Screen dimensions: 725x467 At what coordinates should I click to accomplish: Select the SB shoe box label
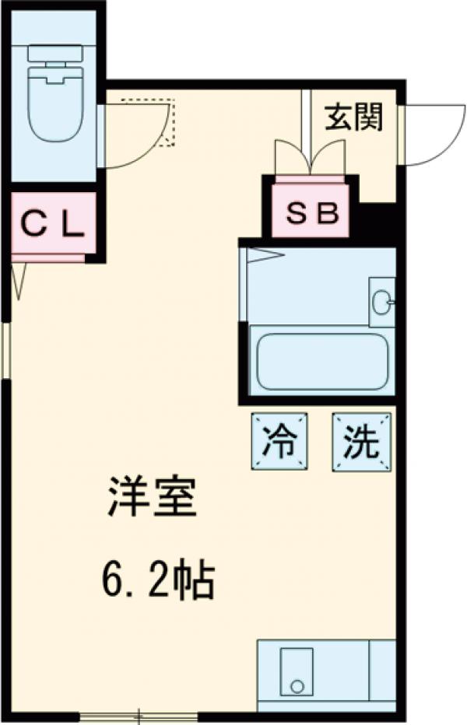pyautogui.click(x=311, y=213)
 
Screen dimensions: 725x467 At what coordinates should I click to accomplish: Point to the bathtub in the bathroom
pyautogui.click(x=321, y=361)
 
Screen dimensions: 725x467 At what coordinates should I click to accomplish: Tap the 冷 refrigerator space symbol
pyautogui.click(x=279, y=442)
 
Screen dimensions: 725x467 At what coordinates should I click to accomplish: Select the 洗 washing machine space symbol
pyautogui.click(x=361, y=442)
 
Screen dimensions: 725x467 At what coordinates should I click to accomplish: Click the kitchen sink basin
pyautogui.click(x=297, y=671)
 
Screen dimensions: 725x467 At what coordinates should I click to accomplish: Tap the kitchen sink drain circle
pyautogui.click(x=297, y=686)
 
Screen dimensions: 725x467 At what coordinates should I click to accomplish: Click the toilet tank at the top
pyautogui.click(x=55, y=53)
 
